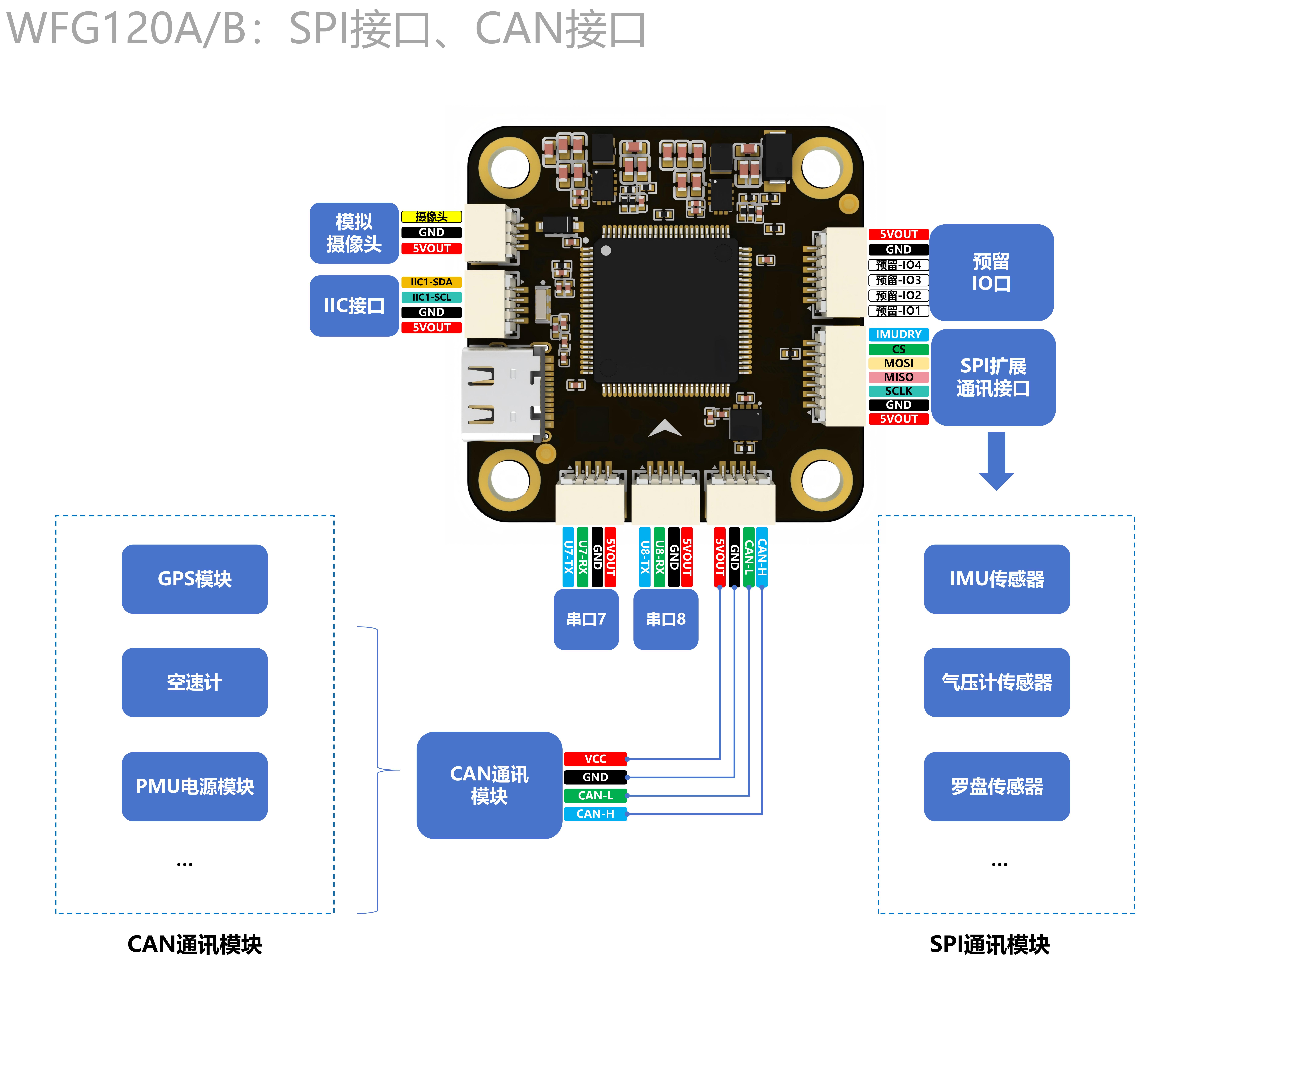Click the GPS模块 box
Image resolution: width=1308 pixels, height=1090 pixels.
(x=194, y=579)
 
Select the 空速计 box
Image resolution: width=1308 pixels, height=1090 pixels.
(x=194, y=682)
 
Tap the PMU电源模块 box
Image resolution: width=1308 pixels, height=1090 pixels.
(x=194, y=786)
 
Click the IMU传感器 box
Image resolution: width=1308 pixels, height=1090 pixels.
(x=996, y=579)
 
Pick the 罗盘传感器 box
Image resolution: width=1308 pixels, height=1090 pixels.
(x=996, y=786)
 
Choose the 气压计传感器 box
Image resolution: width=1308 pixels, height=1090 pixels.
(x=996, y=682)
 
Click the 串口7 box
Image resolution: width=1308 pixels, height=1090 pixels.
(x=586, y=619)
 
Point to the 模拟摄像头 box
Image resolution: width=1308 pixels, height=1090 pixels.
(x=354, y=233)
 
